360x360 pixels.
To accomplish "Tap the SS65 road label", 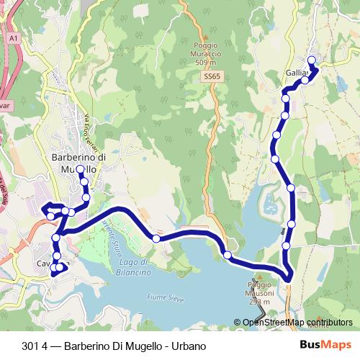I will pos(211,75).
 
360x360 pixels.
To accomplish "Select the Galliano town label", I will pos(297,73).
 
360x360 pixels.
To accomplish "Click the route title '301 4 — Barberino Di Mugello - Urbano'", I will pos(110,344).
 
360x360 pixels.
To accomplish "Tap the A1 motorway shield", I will pos(13,37).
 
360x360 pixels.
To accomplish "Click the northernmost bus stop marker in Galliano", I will pos(312,60).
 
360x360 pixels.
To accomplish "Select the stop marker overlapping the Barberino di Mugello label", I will pos(80,170).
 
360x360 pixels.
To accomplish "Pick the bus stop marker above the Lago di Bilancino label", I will pos(156,238).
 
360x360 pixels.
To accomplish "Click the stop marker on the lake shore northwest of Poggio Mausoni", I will pos(228,254).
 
